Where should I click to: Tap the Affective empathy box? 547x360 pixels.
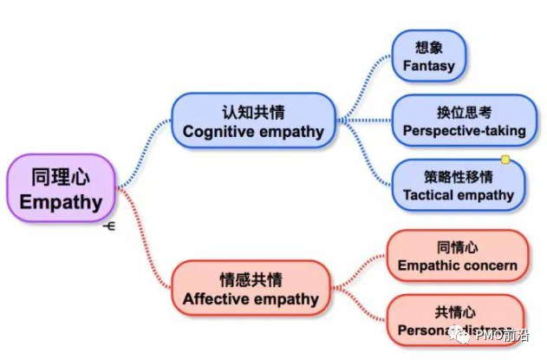[x=251, y=289]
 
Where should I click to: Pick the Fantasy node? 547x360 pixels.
[x=428, y=56]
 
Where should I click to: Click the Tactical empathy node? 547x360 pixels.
[x=459, y=185]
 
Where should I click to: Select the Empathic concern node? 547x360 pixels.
[x=457, y=256]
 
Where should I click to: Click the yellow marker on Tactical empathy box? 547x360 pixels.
[x=505, y=160]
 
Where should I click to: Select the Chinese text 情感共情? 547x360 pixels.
[x=251, y=279]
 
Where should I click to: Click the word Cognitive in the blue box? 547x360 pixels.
[x=216, y=132]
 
